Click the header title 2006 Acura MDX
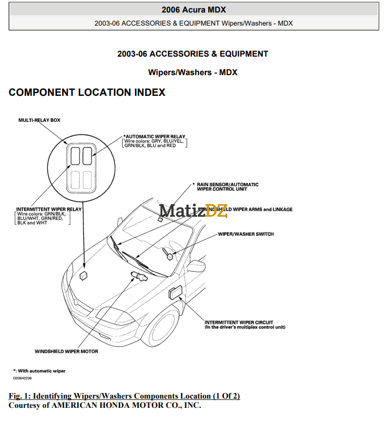point(194,9)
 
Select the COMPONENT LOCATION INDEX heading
point(87,93)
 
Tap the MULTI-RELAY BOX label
point(39,120)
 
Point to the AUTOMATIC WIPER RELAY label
point(155,137)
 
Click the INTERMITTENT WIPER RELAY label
point(49,209)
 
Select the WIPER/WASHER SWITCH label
point(246,234)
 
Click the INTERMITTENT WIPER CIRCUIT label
point(239,322)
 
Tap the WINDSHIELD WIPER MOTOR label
point(66,351)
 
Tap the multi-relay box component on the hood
point(83,276)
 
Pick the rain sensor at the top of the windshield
point(160,219)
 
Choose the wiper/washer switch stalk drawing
point(168,254)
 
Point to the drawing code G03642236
point(23,378)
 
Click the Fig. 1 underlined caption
point(124,396)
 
